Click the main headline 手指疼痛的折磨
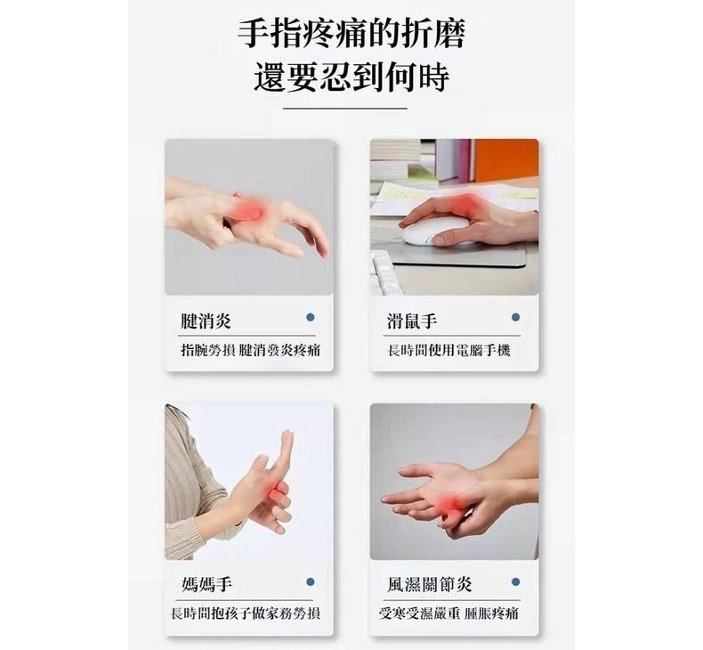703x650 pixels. tap(351, 33)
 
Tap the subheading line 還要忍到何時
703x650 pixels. tap(351, 77)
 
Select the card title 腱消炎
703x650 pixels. tap(206, 321)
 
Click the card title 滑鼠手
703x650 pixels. tap(412, 321)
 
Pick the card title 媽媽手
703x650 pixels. tap(206, 584)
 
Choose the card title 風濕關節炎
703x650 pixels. tap(430, 584)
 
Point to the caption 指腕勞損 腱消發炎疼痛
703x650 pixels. tap(250, 350)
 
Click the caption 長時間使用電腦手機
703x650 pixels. tap(448, 350)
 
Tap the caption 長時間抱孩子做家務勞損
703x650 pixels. tap(246, 613)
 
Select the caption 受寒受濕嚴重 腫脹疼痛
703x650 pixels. tap(448, 613)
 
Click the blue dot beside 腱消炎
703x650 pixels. tap(311, 317)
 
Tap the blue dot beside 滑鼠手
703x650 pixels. tap(515, 317)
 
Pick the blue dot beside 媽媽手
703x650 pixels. tap(311, 581)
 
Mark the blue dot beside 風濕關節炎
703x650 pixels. tap(515, 581)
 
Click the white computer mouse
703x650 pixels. tap(435, 230)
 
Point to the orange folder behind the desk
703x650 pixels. tap(506, 160)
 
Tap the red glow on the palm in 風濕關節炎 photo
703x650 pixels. tap(449, 505)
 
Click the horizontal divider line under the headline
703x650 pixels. tap(345, 108)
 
